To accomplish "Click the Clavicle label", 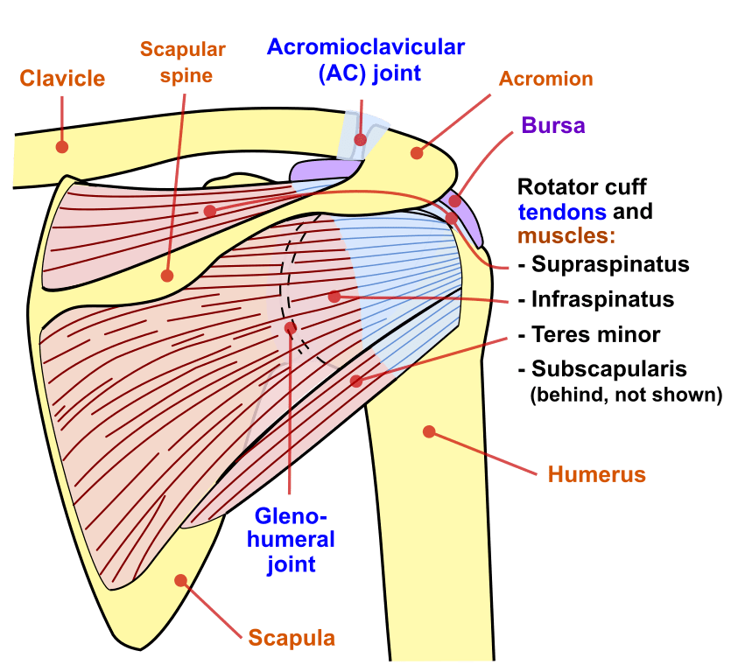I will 62,78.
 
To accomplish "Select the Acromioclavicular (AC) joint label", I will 366,59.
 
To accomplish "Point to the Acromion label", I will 545,79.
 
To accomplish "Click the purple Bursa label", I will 553,125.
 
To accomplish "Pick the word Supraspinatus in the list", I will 609,264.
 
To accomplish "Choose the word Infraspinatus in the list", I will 602,299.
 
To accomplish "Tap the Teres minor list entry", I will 595,334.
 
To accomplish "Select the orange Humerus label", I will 596,475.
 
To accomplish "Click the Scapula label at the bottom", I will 292,637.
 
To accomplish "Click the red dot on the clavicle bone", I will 61,146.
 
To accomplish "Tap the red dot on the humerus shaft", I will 429,430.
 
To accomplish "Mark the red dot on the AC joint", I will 360,140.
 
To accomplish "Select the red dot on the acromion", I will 417,153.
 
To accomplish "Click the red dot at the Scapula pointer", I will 181,579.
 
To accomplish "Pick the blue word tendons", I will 561,212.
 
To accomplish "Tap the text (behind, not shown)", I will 626,395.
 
